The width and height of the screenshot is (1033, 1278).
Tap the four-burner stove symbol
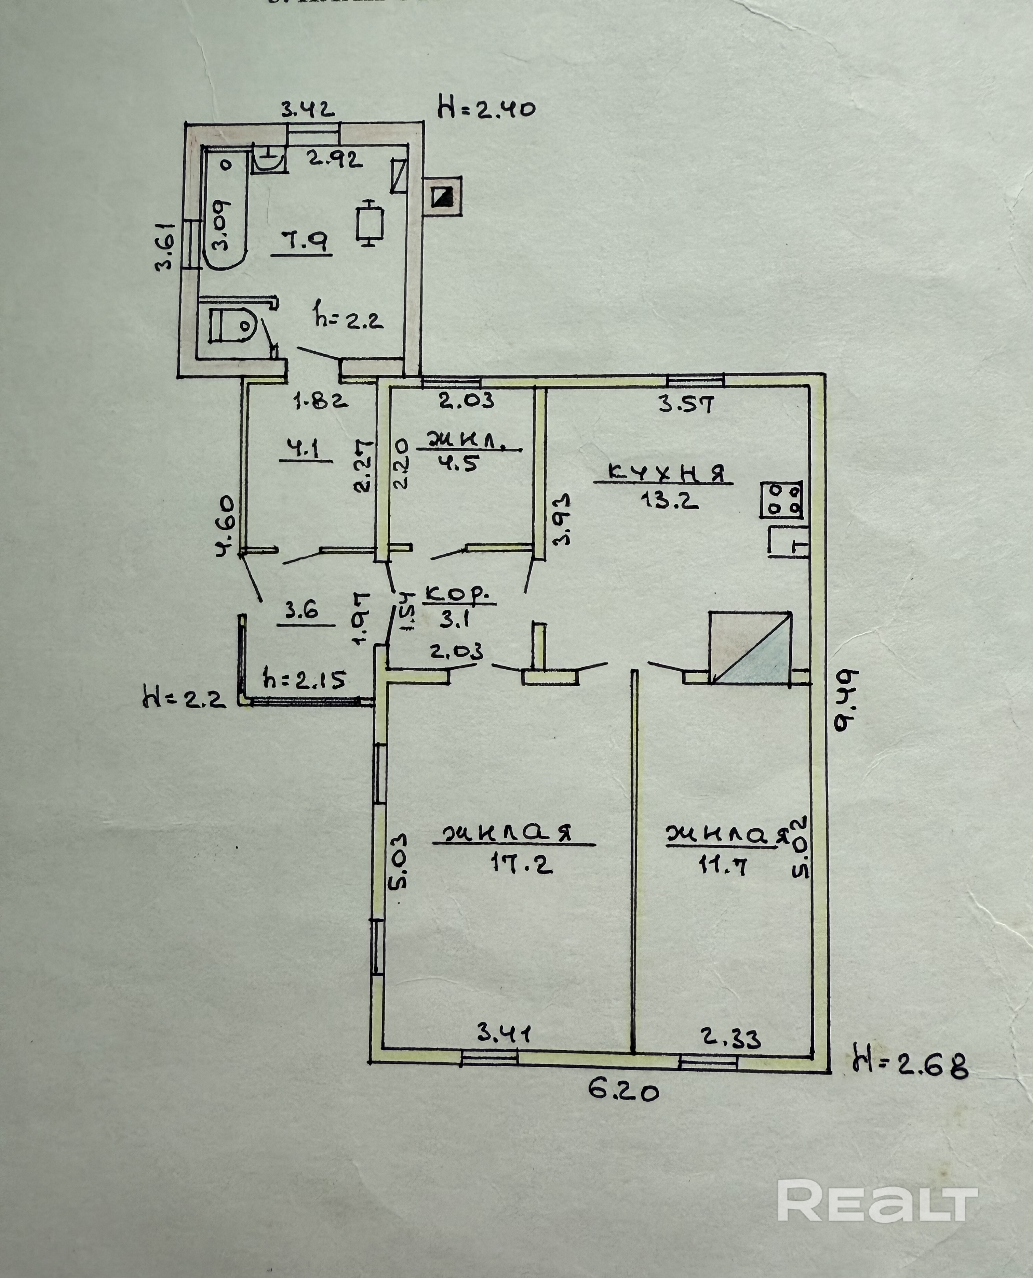coord(781,499)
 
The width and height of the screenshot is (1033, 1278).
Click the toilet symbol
coord(233,325)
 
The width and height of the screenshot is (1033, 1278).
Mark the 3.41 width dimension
coord(504,1033)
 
